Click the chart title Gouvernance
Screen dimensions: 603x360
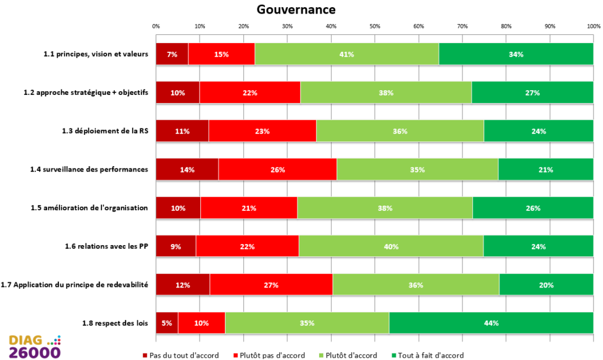(x=296, y=9)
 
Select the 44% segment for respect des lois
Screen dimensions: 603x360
(x=491, y=323)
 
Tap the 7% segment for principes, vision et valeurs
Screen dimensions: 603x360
(x=173, y=54)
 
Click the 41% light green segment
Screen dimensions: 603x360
(x=346, y=54)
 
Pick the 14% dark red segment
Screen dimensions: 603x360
(x=187, y=169)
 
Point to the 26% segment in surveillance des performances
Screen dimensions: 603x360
(x=278, y=169)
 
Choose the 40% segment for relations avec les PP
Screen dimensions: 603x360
(x=391, y=246)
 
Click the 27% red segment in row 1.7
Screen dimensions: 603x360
(x=271, y=285)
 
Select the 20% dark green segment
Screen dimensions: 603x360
(x=546, y=285)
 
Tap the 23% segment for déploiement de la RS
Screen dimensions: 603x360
(x=262, y=131)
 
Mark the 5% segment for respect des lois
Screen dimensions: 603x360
(x=167, y=323)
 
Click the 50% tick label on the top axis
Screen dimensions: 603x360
(x=375, y=26)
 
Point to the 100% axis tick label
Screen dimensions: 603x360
(x=594, y=26)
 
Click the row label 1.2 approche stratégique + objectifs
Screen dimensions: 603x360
(x=86, y=93)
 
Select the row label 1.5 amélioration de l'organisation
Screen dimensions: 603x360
(x=90, y=207)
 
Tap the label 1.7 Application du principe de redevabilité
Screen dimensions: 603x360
(x=74, y=285)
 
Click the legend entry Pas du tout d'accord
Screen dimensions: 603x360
(x=181, y=355)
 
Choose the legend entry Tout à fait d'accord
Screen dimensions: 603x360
(x=428, y=355)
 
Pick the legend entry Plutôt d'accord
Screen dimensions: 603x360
(x=348, y=355)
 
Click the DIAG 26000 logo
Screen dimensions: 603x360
(x=35, y=347)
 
